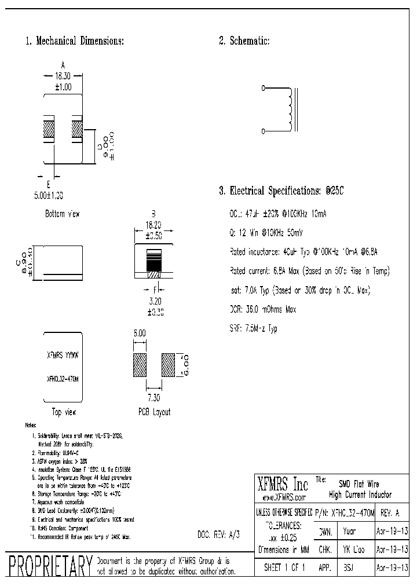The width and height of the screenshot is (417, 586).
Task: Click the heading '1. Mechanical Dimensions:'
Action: click(x=74, y=41)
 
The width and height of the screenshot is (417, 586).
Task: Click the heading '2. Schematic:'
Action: click(x=243, y=41)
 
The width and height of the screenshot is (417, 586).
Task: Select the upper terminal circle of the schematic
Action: click(x=264, y=89)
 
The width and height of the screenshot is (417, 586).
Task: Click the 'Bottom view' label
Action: click(x=62, y=214)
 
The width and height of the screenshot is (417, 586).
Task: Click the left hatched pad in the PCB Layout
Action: click(x=140, y=366)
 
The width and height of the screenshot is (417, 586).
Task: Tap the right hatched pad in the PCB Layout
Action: click(x=167, y=366)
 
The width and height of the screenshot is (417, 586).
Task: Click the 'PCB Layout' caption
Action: click(x=154, y=412)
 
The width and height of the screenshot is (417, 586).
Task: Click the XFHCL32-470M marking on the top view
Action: click(x=62, y=377)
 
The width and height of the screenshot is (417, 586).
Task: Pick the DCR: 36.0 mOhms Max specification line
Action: click(x=263, y=310)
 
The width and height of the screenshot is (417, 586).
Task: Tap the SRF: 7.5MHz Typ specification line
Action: click(x=254, y=329)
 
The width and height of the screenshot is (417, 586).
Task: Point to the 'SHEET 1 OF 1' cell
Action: click(x=284, y=568)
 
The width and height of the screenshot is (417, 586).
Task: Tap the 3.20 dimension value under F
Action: click(x=154, y=302)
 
